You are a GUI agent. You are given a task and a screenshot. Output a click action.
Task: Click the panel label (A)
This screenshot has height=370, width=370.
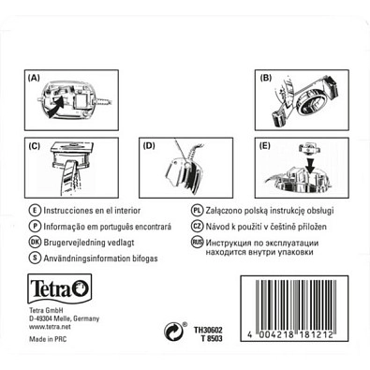[34, 78]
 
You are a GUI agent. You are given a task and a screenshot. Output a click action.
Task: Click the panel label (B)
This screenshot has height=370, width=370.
[266, 78]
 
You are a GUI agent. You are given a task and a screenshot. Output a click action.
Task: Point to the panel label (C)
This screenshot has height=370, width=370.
[34, 146]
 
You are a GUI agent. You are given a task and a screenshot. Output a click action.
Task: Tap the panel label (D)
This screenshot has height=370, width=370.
[149, 146]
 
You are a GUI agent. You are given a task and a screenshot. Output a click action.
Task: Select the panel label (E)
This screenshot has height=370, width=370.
[265, 146]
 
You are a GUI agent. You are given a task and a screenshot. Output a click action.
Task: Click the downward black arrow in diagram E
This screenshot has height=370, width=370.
[310, 165]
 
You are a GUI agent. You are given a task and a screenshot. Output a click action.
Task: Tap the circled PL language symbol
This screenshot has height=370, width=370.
[197, 210]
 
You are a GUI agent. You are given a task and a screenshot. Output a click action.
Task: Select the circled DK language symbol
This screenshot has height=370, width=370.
[35, 243]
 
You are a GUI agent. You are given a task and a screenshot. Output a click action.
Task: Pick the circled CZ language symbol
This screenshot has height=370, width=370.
[197, 226]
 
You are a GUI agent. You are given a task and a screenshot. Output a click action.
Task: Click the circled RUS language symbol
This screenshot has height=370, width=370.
[197, 243]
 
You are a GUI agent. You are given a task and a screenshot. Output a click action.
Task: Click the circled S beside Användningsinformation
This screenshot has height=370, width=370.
[35, 259]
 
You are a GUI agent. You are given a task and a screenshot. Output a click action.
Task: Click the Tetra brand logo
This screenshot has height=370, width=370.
[60, 289]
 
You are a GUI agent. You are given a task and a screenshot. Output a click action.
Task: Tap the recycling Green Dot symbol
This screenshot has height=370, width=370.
[173, 332]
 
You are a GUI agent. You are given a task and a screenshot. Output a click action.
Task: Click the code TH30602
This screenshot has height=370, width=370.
[208, 330]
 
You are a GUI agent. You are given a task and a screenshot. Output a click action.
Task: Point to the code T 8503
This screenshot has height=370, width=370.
[212, 338]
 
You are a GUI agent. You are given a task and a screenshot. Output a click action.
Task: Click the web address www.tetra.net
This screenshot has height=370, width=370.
[50, 327]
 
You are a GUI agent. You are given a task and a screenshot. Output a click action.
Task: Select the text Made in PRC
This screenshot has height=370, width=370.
[48, 339]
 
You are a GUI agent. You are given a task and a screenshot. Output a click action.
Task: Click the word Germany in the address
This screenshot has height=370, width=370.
[87, 319]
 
